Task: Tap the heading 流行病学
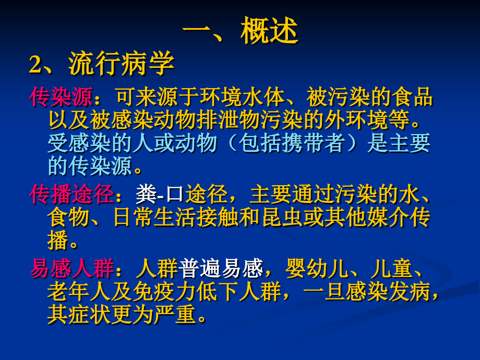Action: point(121,66)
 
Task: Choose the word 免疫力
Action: point(165,292)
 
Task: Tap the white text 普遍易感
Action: point(221,269)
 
